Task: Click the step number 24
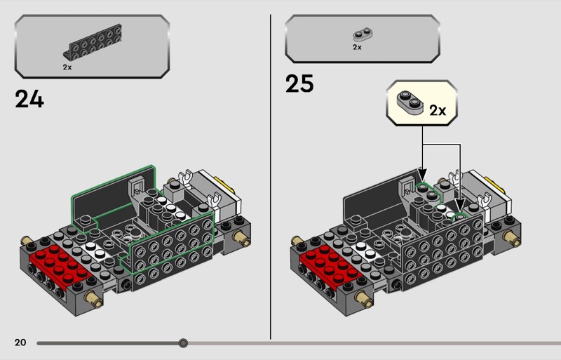click(29, 99)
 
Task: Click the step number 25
click(299, 84)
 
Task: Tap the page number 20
click(20, 342)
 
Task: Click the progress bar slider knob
click(183, 343)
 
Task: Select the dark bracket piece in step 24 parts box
click(93, 41)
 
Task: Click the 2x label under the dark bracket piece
click(67, 67)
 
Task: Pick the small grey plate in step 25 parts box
click(363, 35)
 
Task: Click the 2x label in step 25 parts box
click(357, 47)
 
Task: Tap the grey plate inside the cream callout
click(410, 102)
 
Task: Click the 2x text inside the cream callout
click(438, 111)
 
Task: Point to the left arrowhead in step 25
click(423, 175)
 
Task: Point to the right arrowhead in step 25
click(460, 205)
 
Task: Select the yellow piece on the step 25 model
click(495, 183)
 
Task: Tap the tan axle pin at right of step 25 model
click(512, 238)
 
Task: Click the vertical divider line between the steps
click(271, 177)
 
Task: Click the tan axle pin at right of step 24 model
click(241, 238)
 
